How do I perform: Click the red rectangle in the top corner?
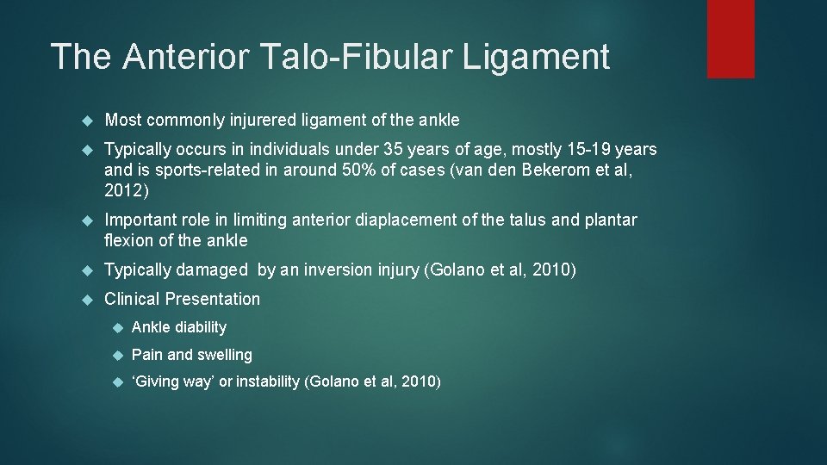coord(731,39)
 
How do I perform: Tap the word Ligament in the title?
coord(538,57)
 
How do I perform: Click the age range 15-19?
coord(576,150)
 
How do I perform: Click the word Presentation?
coord(213,300)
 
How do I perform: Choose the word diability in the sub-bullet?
coord(201,327)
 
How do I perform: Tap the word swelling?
coord(225,355)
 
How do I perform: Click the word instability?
coord(268,382)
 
